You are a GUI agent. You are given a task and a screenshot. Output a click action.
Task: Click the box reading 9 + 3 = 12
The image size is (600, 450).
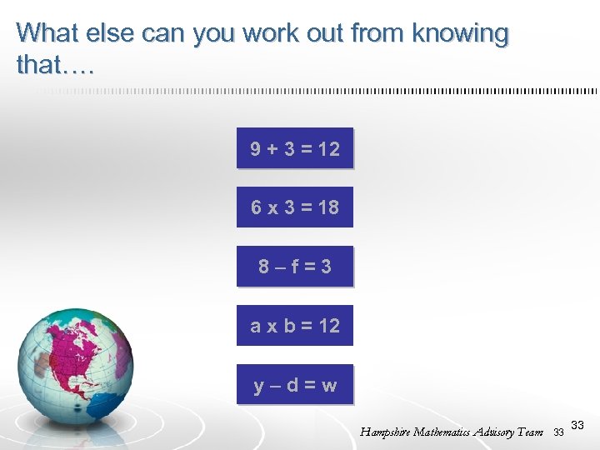point(295,148)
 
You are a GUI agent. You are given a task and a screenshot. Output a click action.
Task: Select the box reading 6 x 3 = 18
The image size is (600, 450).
point(295,207)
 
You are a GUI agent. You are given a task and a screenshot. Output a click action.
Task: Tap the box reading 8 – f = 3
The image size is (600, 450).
point(295,267)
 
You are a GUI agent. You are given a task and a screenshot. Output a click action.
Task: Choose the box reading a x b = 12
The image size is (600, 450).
point(295,326)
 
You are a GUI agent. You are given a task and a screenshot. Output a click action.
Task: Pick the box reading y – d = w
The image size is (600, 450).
point(295,385)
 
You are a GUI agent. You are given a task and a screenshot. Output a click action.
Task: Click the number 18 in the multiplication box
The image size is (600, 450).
point(328,207)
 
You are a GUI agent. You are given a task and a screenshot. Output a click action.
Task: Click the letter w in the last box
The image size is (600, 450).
point(329,386)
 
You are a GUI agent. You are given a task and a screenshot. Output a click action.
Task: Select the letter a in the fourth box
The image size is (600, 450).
point(256,327)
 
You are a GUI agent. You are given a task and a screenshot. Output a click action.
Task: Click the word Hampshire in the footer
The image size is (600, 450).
point(387,432)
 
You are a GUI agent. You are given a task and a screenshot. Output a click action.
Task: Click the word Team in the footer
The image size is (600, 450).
point(531,432)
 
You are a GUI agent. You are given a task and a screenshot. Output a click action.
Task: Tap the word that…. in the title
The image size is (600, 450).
point(55,65)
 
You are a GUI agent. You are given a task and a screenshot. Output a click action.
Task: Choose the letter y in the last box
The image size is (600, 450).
point(260,387)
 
